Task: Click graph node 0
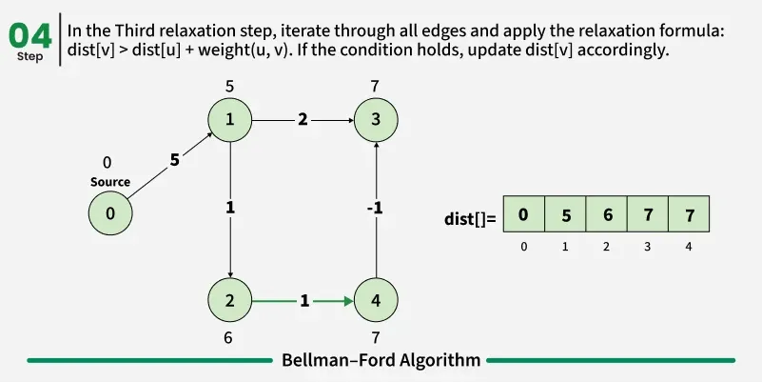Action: pos(110,213)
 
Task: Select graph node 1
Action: pos(230,120)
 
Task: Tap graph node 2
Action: pos(230,301)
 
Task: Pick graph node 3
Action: pos(377,120)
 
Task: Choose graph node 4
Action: pos(377,301)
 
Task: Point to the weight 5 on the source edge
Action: pos(174,161)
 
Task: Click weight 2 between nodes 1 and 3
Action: pos(303,120)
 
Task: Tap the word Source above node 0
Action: pos(110,182)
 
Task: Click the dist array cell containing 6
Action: pos(606,215)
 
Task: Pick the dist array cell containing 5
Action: pos(565,215)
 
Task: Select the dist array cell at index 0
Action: pos(523,215)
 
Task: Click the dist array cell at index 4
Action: pos(690,215)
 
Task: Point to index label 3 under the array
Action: pos(648,247)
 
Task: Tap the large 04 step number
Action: pos(29,35)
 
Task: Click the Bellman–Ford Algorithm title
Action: pos(381,360)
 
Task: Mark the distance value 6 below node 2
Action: pos(228,337)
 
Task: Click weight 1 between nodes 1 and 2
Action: pos(230,206)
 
